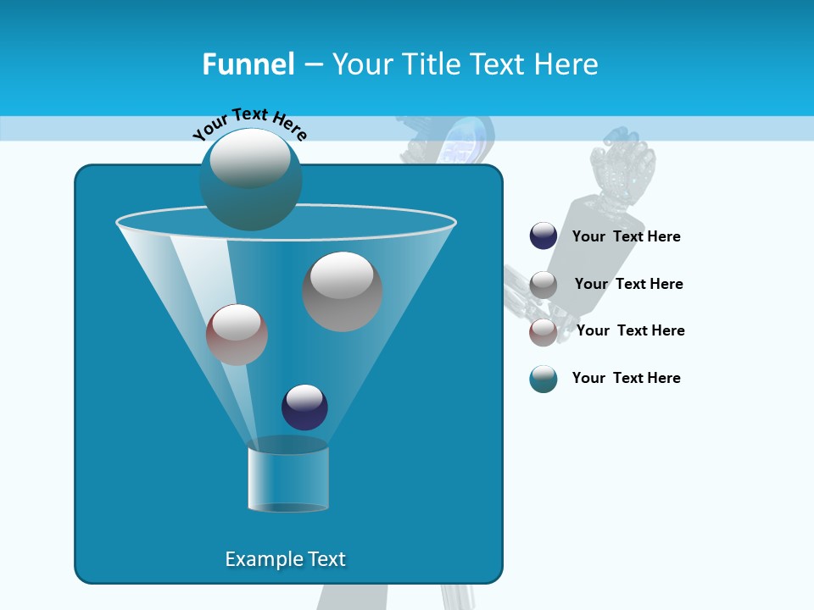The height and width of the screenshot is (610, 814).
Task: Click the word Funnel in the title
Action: [248, 64]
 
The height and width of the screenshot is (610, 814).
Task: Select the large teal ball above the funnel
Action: [250, 179]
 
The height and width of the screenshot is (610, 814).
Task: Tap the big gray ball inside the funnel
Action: [343, 291]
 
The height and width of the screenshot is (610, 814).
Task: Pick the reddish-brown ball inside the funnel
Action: [237, 335]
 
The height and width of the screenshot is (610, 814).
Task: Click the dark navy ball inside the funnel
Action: [304, 407]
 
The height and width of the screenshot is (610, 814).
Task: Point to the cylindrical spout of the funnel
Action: [288, 480]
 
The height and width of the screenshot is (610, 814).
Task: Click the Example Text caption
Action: [285, 559]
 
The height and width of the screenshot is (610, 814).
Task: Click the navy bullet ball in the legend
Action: [544, 236]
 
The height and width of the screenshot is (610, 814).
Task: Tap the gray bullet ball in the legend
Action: [544, 285]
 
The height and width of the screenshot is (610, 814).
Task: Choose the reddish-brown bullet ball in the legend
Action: [544, 332]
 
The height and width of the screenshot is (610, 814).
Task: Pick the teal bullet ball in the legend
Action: [544, 379]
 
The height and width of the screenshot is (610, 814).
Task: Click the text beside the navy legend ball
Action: [626, 237]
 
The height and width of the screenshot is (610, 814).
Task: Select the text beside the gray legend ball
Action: [628, 284]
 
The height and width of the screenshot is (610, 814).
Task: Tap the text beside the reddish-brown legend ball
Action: [630, 330]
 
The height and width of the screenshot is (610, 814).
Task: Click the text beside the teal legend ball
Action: [626, 378]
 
